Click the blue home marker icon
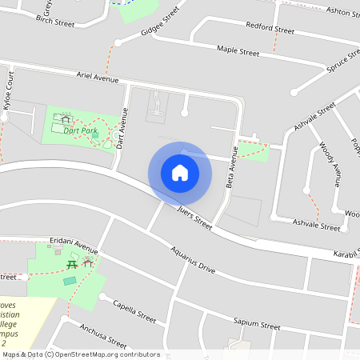pyautogui.click(x=180, y=172)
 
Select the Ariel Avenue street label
pyautogui.click(x=97, y=78)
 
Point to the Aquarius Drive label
pyautogui.click(x=193, y=259)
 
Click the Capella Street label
pyautogui.click(x=134, y=310)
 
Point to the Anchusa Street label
pyautogui.click(x=104, y=335)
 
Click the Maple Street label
pyautogui.click(x=238, y=51)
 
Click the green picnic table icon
pyautogui.click(x=71, y=263)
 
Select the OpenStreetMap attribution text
pyautogui.click(x=80, y=354)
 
